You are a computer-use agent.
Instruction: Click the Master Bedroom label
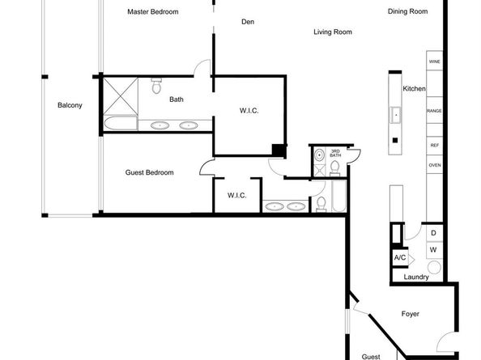pyautogui.click(x=153, y=12)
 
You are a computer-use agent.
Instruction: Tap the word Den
pyautogui.click(x=248, y=22)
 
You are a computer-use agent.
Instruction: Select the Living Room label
pyautogui.click(x=333, y=32)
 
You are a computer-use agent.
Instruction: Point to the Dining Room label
pyautogui.click(x=407, y=11)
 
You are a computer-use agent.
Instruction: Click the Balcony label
pyautogui.click(x=70, y=105)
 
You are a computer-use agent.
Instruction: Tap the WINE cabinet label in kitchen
pyautogui.click(x=434, y=61)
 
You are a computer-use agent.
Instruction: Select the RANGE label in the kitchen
pyautogui.click(x=434, y=111)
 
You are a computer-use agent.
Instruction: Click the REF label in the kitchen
pyautogui.click(x=434, y=146)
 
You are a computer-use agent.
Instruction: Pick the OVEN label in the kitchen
pyautogui.click(x=434, y=165)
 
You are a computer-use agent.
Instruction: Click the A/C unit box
pyautogui.click(x=400, y=258)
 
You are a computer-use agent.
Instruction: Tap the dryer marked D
pyautogui.click(x=434, y=233)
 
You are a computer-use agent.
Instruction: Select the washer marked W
pyautogui.click(x=434, y=250)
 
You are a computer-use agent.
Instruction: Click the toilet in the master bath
pyautogui.click(x=156, y=86)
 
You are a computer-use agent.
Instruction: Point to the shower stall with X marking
pyautogui.click(x=121, y=96)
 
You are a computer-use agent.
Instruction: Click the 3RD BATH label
pyautogui.click(x=335, y=153)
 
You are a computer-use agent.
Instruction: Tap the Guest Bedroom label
pyautogui.click(x=149, y=172)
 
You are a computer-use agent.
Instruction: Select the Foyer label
pyautogui.click(x=410, y=314)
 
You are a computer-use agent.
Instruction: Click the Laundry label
pyautogui.click(x=416, y=277)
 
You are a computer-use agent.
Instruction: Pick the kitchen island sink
pyautogui.click(x=395, y=115)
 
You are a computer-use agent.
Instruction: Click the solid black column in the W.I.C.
pyautogui.click(x=279, y=150)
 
